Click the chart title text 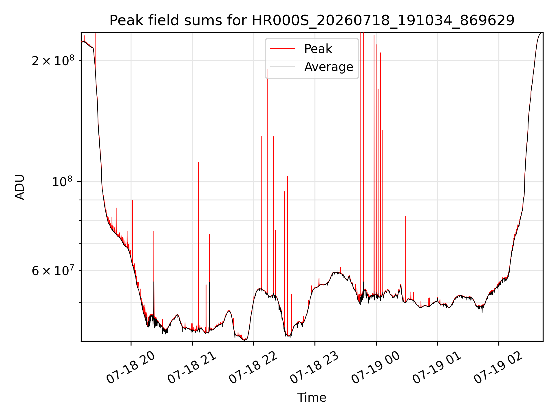point(312,21)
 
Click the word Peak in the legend point(318,49)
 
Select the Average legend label point(329,67)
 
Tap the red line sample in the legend point(282,49)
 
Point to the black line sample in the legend point(282,67)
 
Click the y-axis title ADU point(20,187)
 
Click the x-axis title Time point(312,398)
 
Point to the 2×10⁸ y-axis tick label point(53,60)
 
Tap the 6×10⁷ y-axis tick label point(53,270)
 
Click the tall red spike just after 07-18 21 point(199,246)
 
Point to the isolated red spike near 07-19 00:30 point(406,258)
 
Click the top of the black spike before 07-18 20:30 point(154,281)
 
